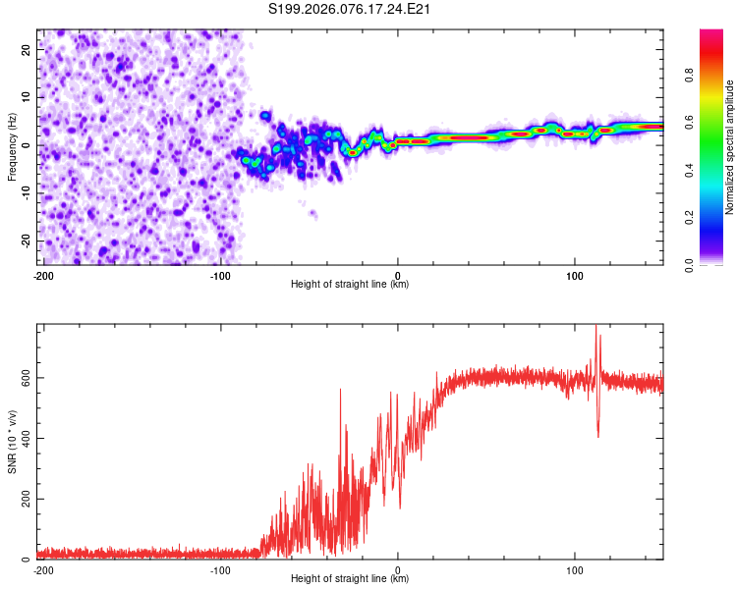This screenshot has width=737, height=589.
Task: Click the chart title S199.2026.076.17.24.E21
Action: coord(351,9)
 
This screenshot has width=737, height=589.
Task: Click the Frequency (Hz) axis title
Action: coord(12,145)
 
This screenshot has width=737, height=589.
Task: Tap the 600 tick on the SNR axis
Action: coord(25,378)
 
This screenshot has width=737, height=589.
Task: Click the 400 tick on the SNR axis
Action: coord(25,438)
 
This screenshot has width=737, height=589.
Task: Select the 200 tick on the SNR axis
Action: coord(25,499)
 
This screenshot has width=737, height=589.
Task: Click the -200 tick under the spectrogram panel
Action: coord(43,274)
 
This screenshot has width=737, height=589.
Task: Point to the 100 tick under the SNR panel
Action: coord(576,569)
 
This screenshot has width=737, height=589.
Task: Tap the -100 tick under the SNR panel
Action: coord(219,569)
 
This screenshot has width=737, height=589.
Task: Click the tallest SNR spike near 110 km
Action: coord(595,327)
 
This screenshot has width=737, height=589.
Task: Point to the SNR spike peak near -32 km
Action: coord(341,390)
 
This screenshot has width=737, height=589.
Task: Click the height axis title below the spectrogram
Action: coord(350,285)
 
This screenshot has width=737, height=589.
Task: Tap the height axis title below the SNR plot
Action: coord(350,579)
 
